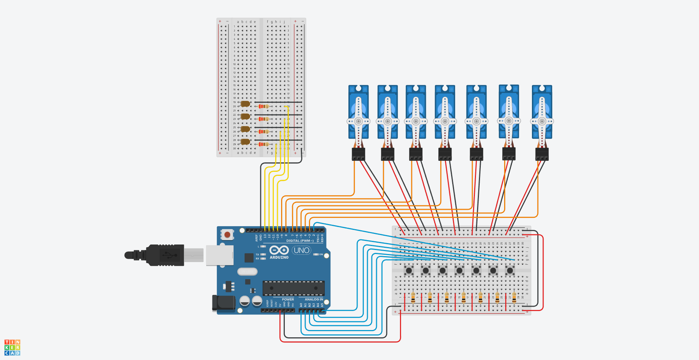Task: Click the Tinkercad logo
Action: click(x=12, y=347)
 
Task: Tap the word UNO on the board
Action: click(x=301, y=250)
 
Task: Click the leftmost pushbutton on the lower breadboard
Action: click(x=409, y=270)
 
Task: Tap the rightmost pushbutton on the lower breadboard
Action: click(x=510, y=270)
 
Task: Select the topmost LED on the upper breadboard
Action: click(x=245, y=104)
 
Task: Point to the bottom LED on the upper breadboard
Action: click(x=245, y=142)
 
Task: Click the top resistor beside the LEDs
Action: click(x=263, y=106)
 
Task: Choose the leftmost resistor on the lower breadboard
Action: click(x=413, y=298)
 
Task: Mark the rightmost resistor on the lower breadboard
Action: click(x=514, y=298)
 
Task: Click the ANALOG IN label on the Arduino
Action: click(x=314, y=299)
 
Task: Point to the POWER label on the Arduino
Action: click(x=288, y=299)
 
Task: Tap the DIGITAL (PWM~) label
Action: click(x=300, y=241)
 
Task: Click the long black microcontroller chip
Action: click(x=293, y=288)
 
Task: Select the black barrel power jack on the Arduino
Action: click(x=223, y=303)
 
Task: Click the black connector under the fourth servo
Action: click(x=445, y=154)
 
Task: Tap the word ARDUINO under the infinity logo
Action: click(x=279, y=258)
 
